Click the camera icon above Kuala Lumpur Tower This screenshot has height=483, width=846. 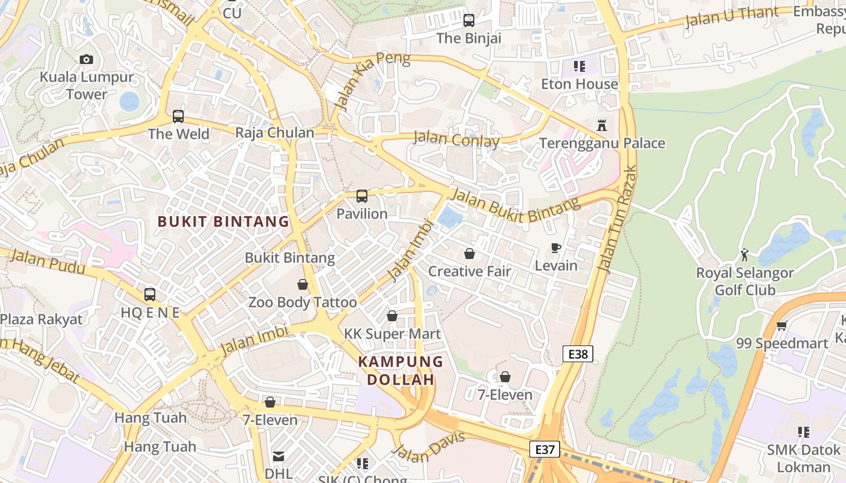click(x=86, y=59)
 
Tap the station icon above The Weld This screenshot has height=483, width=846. click(x=178, y=116)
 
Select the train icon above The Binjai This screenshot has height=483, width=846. click(x=469, y=21)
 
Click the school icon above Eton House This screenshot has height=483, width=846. click(x=580, y=66)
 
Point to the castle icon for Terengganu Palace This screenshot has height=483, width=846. click(x=602, y=126)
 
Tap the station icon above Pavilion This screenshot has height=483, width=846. click(x=362, y=196)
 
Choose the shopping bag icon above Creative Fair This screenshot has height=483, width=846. click(x=470, y=254)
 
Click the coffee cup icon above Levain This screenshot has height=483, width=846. click(x=556, y=248)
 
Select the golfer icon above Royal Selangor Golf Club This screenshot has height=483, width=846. click(x=744, y=255)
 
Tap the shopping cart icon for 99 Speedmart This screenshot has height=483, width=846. click(x=781, y=326)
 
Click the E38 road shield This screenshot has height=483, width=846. click(x=578, y=354)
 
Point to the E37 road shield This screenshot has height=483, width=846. click(x=544, y=449)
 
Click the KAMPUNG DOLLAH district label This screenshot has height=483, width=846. click(x=401, y=371)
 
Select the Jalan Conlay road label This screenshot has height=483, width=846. click(x=456, y=139)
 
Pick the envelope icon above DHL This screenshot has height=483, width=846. click(x=279, y=456)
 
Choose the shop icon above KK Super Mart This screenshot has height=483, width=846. click(x=392, y=316)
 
